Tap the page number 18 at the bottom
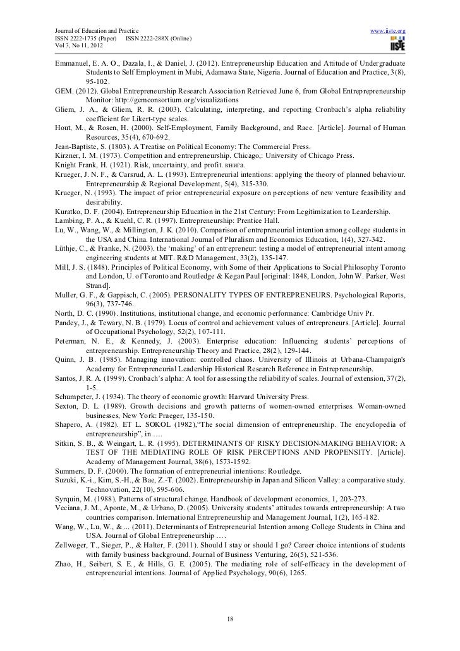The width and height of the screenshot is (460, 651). click(230, 618)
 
